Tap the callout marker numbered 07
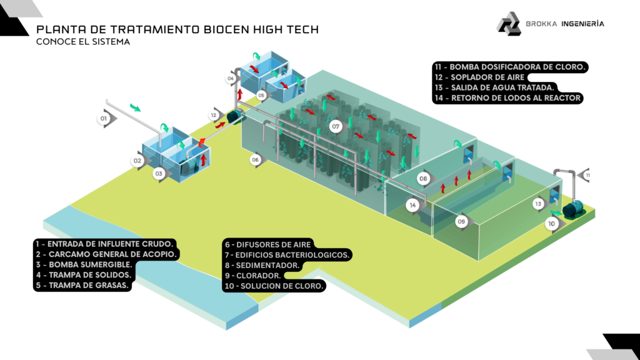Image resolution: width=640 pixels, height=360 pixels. coord(336,127)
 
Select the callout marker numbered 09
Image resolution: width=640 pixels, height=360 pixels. coord(461,221)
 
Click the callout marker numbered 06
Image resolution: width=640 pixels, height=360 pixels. coord(255,160)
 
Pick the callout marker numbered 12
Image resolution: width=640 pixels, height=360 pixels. coord(214,116)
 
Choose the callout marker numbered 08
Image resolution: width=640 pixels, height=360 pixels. coord(423,179)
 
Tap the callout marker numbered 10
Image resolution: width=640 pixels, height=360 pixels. coord(551,223)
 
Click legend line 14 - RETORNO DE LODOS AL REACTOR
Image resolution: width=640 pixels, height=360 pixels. coord(507,98)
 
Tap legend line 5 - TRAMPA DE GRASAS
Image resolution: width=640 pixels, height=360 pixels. coord(81,286)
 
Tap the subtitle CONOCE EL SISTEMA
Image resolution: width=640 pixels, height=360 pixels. coord(83,42)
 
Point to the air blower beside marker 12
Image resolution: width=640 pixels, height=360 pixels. coord(235,116)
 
